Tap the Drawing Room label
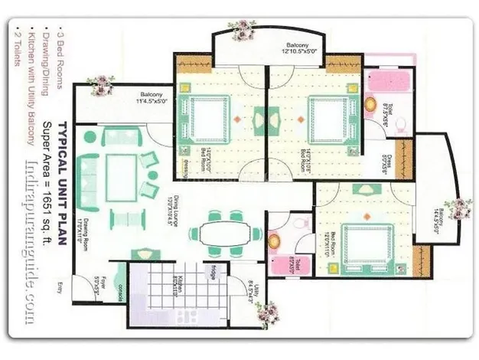[81, 222]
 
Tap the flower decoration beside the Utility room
[267, 311]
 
